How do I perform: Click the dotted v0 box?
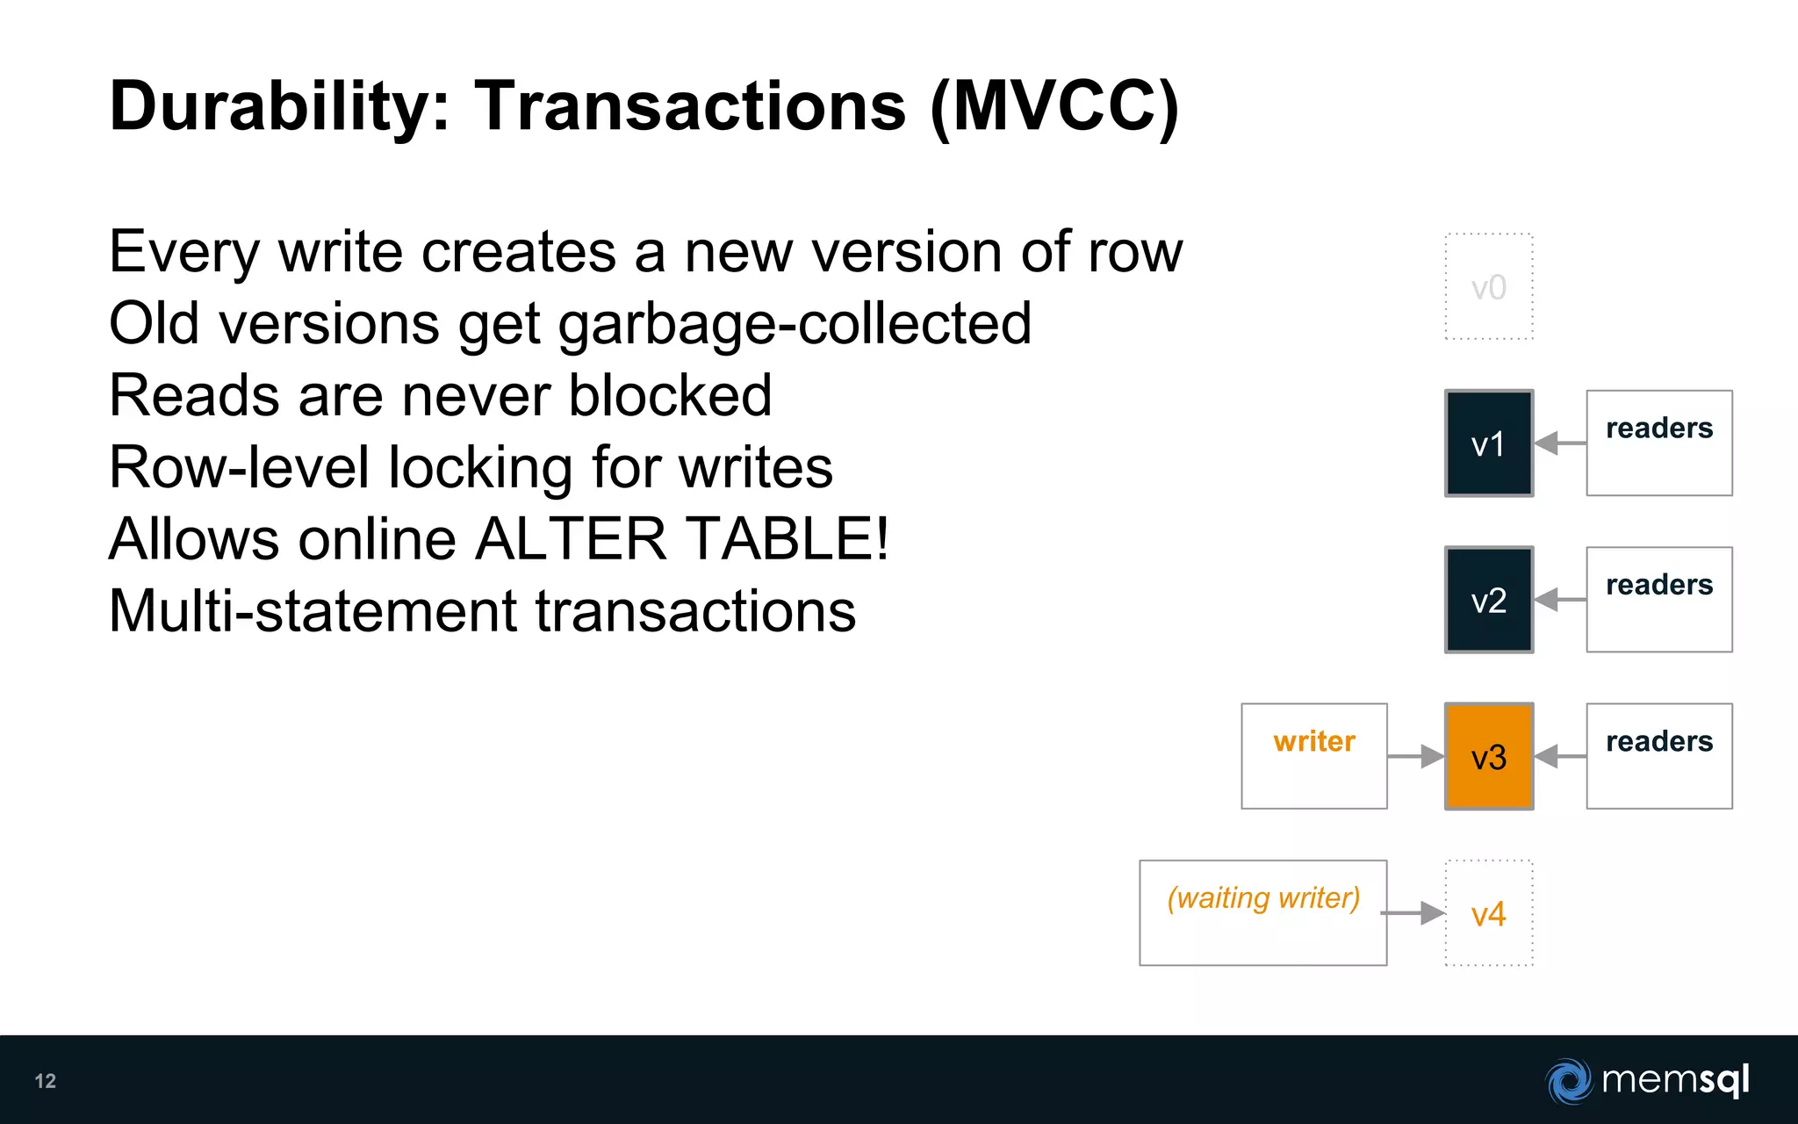pyautogui.click(x=1489, y=287)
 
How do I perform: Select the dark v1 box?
pyautogui.click(x=1489, y=443)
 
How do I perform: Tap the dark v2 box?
pyautogui.click(x=1489, y=600)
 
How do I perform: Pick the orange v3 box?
pyautogui.click(x=1489, y=756)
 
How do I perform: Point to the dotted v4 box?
pyautogui.click(x=1489, y=913)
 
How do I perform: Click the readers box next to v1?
pyautogui.click(x=1659, y=443)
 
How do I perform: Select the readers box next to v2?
pyautogui.click(x=1659, y=600)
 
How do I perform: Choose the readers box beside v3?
pyautogui.click(x=1659, y=756)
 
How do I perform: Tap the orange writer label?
pyautogui.click(x=1314, y=742)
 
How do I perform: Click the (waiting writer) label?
pyautogui.click(x=1263, y=898)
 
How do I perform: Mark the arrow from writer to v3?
pyautogui.click(x=1416, y=756)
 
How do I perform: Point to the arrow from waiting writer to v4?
pyautogui.click(x=1413, y=913)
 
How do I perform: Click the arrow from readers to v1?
pyautogui.click(x=1560, y=443)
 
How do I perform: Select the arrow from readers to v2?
pyautogui.click(x=1560, y=600)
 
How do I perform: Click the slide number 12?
pyautogui.click(x=46, y=1081)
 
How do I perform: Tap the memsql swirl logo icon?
pyautogui.click(x=1569, y=1081)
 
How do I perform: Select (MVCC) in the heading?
pyautogui.click(x=1054, y=107)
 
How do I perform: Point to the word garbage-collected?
pyautogui.click(x=795, y=324)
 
